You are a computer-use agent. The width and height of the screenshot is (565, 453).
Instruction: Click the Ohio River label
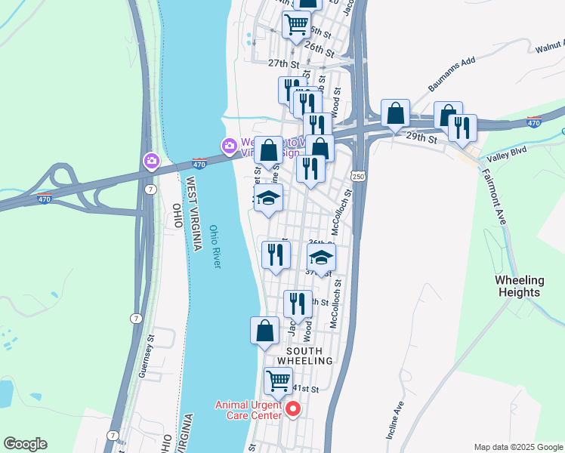[215, 246]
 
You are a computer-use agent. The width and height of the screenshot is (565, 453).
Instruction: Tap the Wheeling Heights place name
[517, 286]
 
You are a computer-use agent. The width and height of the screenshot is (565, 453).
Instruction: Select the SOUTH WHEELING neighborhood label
[304, 356]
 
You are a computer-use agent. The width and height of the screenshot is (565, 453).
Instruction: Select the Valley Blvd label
[505, 151]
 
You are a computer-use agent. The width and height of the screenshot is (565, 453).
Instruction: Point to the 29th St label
[421, 138]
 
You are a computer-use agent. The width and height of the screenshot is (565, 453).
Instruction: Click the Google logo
[25, 444]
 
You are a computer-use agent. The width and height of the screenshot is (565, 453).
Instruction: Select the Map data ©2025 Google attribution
[517, 447]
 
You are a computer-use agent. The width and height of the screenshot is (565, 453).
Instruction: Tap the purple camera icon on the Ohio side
[152, 160]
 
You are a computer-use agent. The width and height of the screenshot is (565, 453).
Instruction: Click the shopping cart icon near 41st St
[278, 381]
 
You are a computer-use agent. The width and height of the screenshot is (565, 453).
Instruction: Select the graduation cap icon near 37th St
[321, 257]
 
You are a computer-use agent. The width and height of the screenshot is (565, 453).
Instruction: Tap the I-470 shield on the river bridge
[199, 162]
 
